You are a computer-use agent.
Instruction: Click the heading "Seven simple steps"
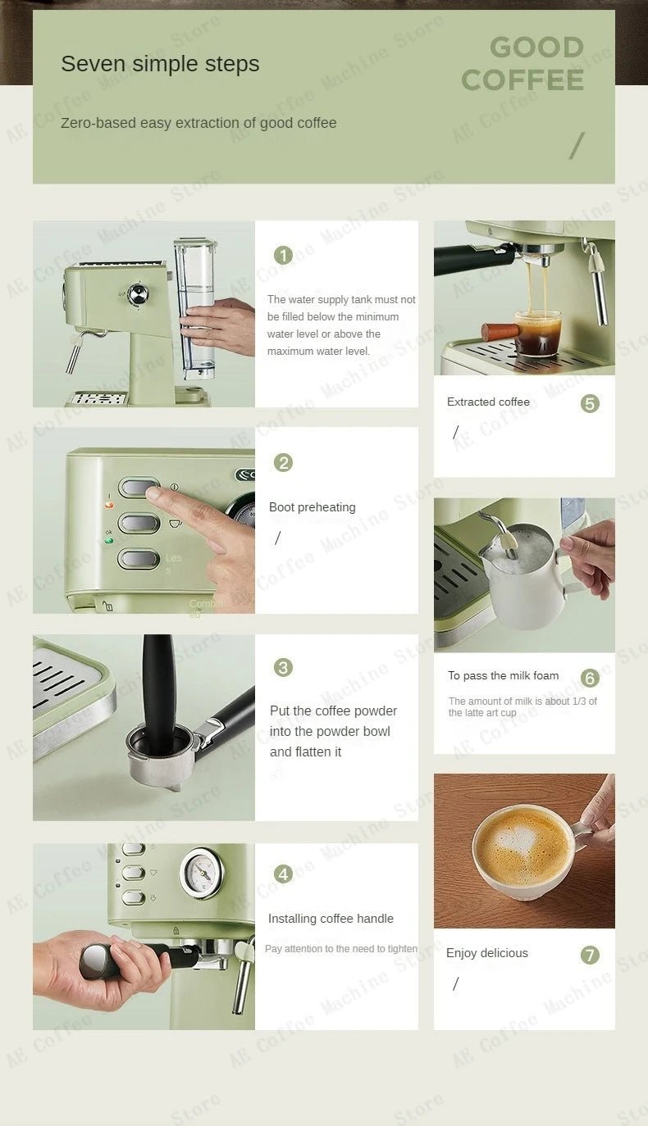(160, 64)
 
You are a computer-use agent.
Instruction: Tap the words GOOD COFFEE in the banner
(523, 64)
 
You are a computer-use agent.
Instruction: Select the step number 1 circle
(283, 256)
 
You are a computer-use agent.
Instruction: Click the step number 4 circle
(283, 874)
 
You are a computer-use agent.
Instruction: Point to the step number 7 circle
(590, 955)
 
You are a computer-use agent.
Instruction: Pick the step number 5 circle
(590, 403)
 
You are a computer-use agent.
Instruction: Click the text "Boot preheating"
(312, 507)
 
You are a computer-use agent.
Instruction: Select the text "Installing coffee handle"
(331, 919)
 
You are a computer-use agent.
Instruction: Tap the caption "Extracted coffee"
(488, 402)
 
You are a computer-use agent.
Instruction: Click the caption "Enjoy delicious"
(486, 953)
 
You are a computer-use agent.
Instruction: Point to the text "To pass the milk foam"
(503, 675)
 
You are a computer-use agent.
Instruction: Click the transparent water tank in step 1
(195, 307)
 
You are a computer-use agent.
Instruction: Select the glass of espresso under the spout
(537, 333)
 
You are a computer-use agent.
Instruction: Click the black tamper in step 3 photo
(157, 688)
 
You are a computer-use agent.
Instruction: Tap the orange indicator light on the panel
(109, 506)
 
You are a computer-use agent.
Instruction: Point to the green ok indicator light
(108, 541)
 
